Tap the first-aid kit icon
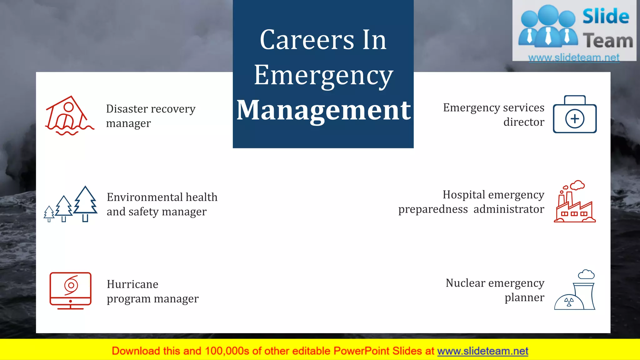[575, 115]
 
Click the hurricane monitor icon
[71, 290]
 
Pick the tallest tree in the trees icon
[85, 203]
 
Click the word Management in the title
[323, 110]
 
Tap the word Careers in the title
[307, 40]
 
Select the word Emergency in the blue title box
[323, 75]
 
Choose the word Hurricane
[132, 284]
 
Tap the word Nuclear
[465, 283]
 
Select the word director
[524, 122]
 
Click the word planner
[524, 297]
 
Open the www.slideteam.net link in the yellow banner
[482, 351]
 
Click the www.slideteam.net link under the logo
[574, 58]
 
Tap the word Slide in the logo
[606, 17]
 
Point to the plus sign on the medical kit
[575, 119]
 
